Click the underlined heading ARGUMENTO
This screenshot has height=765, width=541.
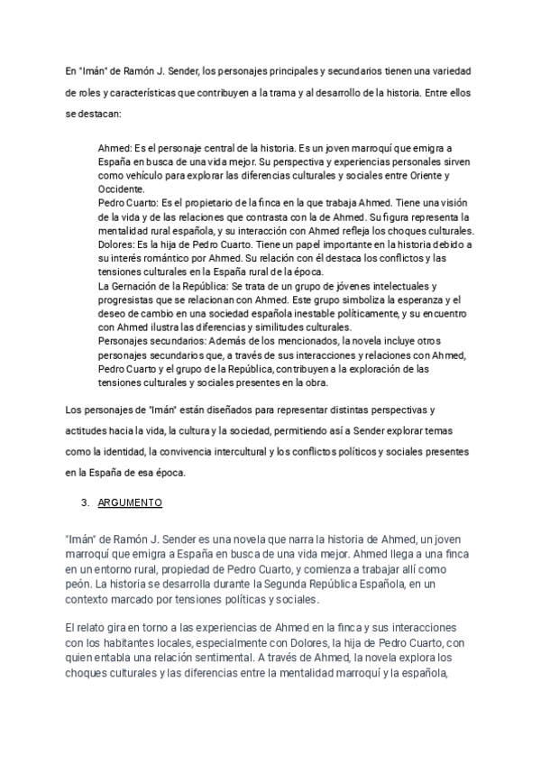(x=128, y=502)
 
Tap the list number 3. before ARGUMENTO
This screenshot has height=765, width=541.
(x=85, y=502)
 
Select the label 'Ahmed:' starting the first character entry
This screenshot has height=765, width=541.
(x=114, y=147)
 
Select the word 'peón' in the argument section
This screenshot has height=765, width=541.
(x=78, y=585)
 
